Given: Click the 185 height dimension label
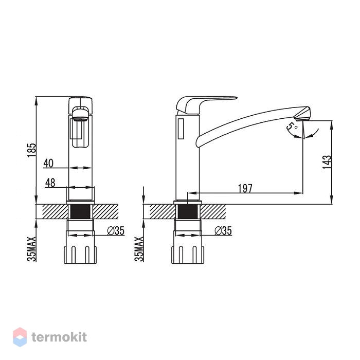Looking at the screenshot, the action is point(32,150).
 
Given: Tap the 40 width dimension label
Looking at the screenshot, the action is point(48,163).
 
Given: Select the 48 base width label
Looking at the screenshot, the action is point(50,183).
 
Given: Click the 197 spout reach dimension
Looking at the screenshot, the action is point(245,189).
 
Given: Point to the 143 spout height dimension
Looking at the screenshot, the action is point(327,162).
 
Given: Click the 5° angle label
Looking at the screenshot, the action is point(292,127).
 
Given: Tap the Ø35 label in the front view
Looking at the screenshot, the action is point(116,231).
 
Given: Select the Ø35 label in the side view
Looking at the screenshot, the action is point(223,231).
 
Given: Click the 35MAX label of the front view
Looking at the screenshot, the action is point(32,249).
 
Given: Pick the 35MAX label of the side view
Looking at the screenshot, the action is point(139,249).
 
